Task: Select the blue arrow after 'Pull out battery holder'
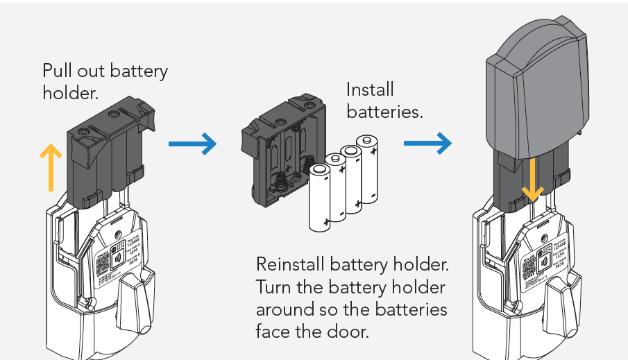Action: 192,144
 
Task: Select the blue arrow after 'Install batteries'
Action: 427,144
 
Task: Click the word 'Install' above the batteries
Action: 370,90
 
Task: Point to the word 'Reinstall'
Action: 291,264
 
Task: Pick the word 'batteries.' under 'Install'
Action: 384,112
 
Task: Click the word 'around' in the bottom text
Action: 281,309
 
